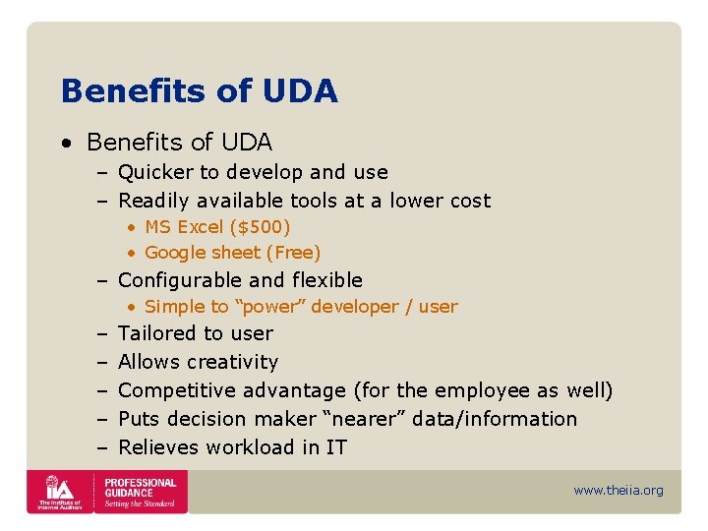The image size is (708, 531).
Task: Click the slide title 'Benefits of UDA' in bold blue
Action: click(199, 91)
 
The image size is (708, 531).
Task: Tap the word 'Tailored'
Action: click(156, 333)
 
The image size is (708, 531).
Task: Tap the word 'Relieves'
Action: click(156, 447)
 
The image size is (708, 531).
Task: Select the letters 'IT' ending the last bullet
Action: click(336, 447)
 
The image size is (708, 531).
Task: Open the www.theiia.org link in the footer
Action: click(619, 491)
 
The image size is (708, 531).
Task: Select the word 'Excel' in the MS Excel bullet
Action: click(200, 227)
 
